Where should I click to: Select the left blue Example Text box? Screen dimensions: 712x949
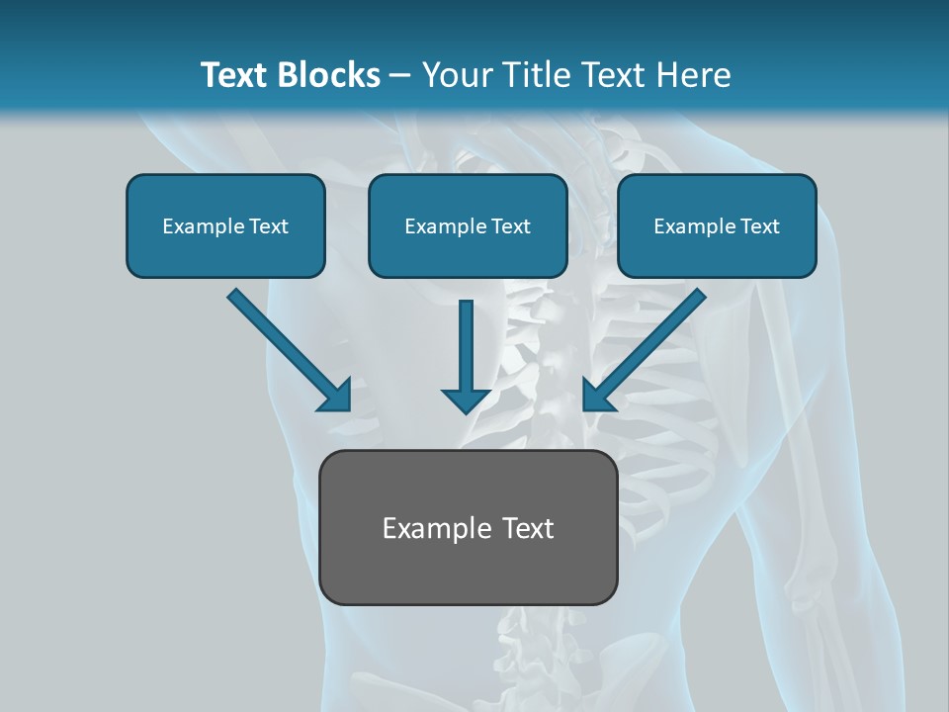[x=225, y=225]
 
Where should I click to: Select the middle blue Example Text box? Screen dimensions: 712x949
[x=468, y=225]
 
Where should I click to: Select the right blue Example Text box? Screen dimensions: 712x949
[x=717, y=225]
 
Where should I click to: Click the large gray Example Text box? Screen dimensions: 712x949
[x=468, y=527]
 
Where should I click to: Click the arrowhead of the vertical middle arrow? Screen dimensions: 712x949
[x=466, y=400]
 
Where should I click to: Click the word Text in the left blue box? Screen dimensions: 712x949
[x=269, y=226]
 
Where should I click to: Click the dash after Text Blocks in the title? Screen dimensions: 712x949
[x=400, y=75]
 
